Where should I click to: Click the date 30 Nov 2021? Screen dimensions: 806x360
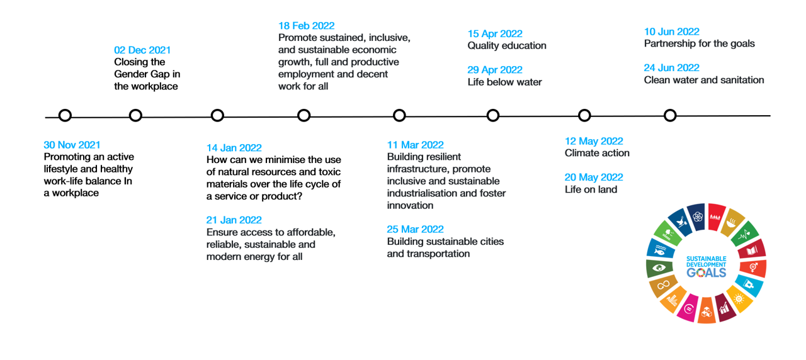click(72, 145)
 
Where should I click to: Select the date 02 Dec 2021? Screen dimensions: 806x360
click(142, 50)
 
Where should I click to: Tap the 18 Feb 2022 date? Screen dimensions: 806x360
click(306, 26)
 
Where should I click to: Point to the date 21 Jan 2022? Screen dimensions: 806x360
click(234, 220)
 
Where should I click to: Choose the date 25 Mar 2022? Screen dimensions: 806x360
click(415, 230)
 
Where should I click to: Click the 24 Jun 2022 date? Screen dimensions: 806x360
click(671, 68)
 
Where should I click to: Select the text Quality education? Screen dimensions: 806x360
click(507, 46)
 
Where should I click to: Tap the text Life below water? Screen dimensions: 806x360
click(504, 82)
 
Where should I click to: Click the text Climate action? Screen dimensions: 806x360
click(597, 153)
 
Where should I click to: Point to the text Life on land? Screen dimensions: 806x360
click(591, 189)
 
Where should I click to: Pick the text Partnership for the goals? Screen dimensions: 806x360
click(699, 44)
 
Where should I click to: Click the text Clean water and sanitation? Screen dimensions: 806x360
click(704, 80)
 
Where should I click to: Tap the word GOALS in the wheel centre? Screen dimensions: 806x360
click(707, 273)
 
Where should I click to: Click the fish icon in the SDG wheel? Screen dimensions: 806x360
click(659, 252)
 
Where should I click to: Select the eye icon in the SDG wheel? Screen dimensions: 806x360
click(659, 268)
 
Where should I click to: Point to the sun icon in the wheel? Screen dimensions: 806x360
click(739, 299)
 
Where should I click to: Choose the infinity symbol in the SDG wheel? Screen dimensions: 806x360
click(663, 285)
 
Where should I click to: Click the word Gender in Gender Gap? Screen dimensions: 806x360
click(130, 74)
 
